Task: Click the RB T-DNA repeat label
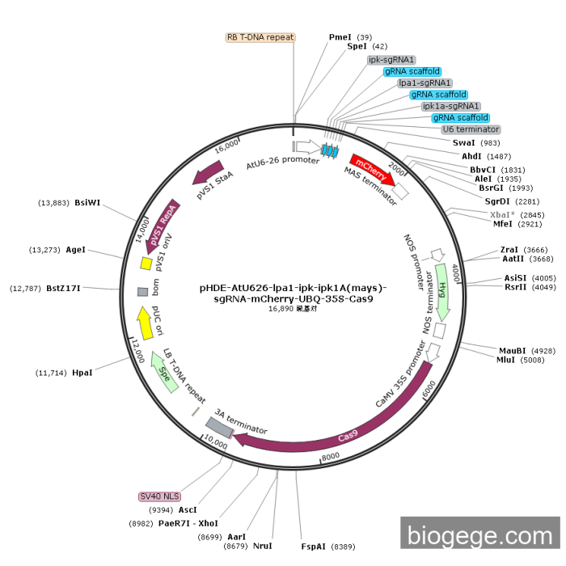coord(260,37)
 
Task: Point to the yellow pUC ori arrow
coord(145,323)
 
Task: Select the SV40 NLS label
coord(160,496)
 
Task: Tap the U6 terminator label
coord(471,129)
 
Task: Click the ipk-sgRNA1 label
coord(391,60)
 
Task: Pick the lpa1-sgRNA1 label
coord(425,82)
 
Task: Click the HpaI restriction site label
coord(82,373)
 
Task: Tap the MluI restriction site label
coord(509,360)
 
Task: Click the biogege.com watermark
coord(479,535)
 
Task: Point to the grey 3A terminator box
coord(219,426)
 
